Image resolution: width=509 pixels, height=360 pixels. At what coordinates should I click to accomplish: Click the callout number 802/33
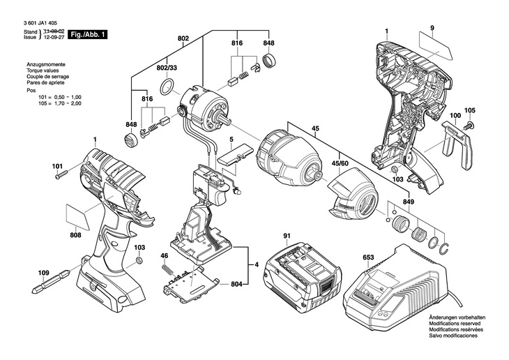(x=167, y=68)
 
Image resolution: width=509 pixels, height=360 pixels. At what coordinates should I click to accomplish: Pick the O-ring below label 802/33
(x=167, y=88)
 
